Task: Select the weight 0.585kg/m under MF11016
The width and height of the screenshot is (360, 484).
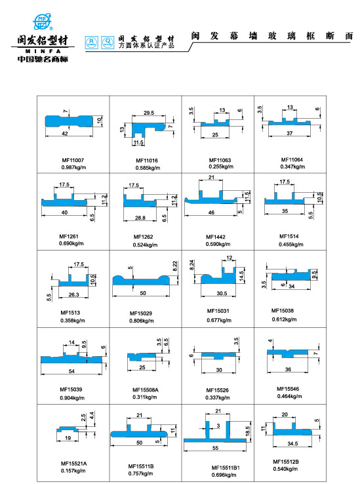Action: pos(146,168)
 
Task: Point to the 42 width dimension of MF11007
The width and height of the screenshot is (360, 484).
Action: pos(64,132)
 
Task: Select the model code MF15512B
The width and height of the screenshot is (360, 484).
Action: pos(286,462)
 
